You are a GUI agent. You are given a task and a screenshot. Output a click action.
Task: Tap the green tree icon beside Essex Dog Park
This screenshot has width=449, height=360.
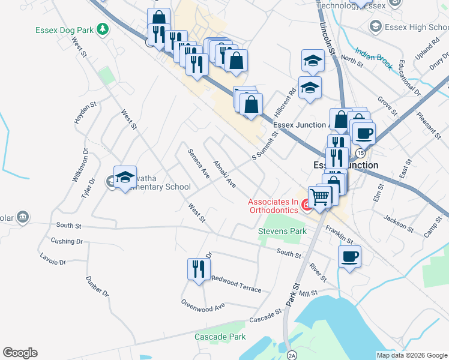[x=103, y=28]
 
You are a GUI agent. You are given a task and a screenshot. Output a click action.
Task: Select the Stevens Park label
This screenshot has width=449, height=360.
[x=282, y=231]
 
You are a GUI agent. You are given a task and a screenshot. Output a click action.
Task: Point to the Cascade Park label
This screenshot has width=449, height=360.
[x=220, y=337]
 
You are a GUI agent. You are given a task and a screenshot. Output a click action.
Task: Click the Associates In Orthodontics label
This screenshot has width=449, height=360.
[x=273, y=206]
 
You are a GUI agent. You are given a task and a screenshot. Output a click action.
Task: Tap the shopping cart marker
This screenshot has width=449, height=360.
[x=320, y=196]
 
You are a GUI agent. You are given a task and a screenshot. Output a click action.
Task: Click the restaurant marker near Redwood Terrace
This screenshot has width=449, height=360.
[x=199, y=268]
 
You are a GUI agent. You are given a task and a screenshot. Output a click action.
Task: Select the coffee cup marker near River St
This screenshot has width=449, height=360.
[x=349, y=257]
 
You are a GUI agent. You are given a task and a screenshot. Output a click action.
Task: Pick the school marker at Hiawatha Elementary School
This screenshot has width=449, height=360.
[x=125, y=178]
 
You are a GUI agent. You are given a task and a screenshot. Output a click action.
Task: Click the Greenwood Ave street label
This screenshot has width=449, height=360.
[x=203, y=304]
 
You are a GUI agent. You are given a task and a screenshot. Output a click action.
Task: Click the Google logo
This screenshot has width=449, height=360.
[x=20, y=353]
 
